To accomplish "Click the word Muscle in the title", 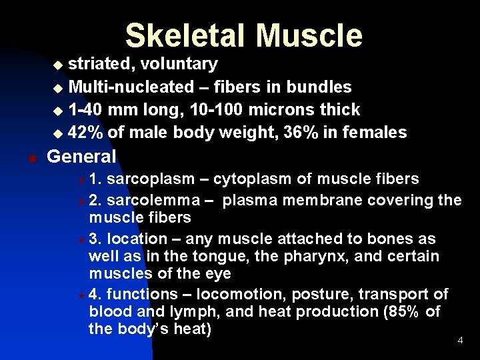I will point(309,35).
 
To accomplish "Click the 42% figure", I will point(85,133).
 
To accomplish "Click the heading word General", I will point(81,157).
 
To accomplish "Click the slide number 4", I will point(460,341).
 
